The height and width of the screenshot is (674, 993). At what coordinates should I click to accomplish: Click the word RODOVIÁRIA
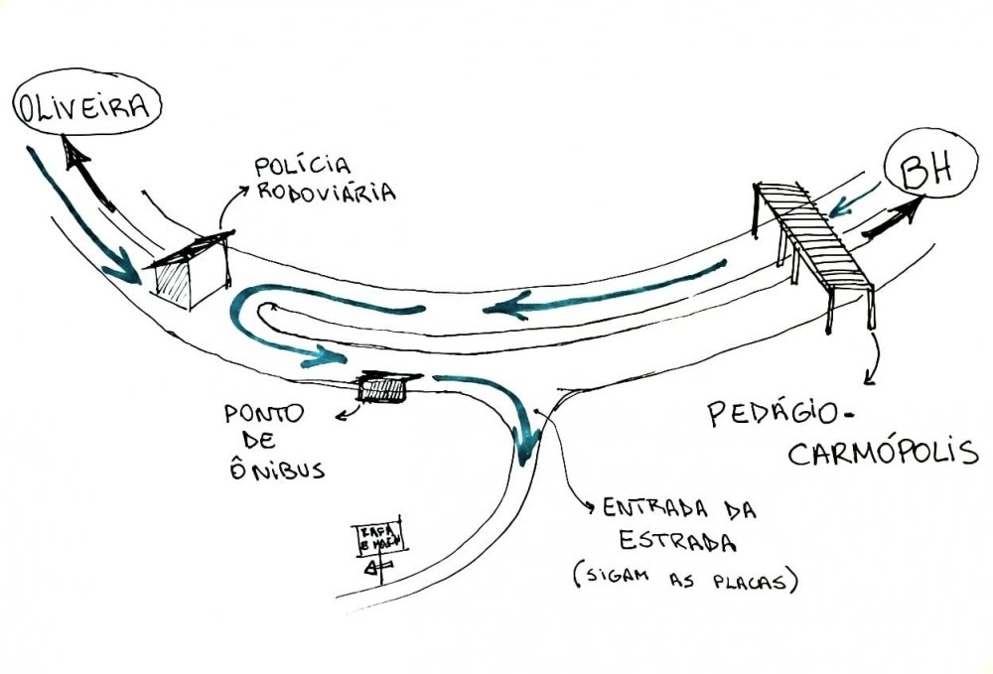pos(326,191)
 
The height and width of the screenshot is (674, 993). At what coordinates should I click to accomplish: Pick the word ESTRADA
pos(676,544)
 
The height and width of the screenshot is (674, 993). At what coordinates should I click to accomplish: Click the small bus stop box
pos(383,388)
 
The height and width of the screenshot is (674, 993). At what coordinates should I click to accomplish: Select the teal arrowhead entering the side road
pos(525,437)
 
